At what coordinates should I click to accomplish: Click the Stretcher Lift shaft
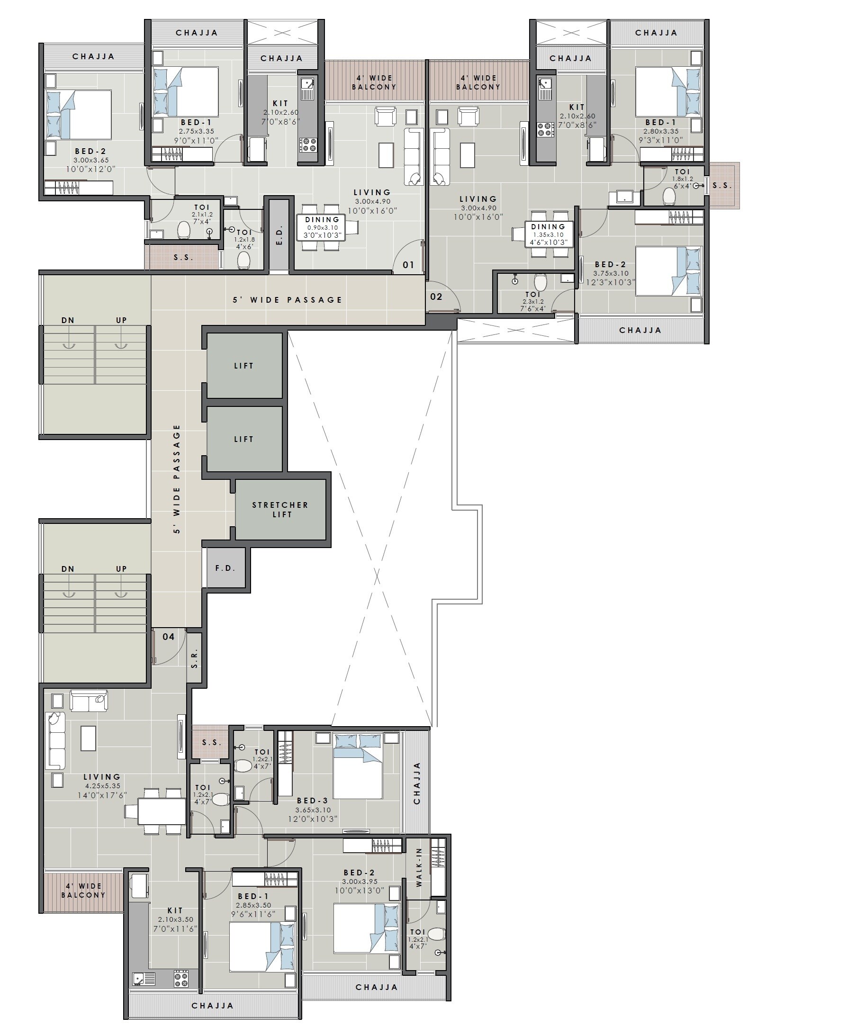click(280, 510)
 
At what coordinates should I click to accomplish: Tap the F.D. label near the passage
click(225, 568)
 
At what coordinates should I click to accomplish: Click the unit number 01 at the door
click(408, 265)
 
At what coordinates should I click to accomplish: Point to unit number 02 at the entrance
click(436, 297)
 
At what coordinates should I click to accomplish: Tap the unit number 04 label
click(168, 637)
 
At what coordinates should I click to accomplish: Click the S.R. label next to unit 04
click(194, 657)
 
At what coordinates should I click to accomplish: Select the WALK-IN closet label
click(419, 867)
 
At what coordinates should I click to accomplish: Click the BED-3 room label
click(312, 801)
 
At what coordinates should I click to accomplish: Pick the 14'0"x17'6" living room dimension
click(102, 795)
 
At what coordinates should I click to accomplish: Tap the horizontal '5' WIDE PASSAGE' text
click(288, 300)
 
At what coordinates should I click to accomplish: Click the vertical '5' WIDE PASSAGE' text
click(176, 478)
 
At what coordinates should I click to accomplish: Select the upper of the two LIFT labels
click(243, 366)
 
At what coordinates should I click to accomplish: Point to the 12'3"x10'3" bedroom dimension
click(611, 282)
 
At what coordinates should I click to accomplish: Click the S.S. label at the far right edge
click(722, 185)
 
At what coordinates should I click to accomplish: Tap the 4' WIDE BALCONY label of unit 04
click(83, 891)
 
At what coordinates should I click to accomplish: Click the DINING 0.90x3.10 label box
click(322, 228)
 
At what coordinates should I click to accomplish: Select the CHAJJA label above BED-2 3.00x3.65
click(93, 56)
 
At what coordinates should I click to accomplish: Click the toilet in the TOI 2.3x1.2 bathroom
click(540, 282)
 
